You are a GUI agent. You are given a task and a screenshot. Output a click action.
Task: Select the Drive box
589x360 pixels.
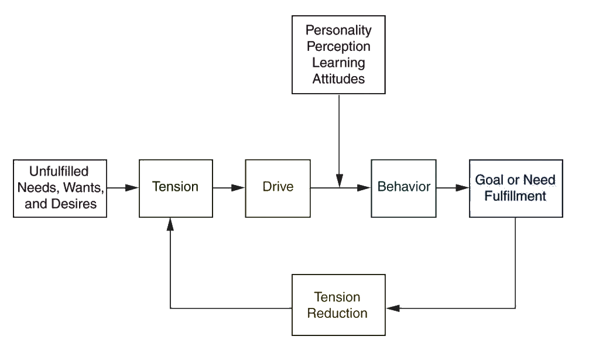[x=278, y=188]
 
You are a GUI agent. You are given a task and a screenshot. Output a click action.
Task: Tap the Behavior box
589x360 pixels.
[x=403, y=188]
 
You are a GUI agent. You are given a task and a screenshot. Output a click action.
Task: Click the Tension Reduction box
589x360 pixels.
[x=339, y=305]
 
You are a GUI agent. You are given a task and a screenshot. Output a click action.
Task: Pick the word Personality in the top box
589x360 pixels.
[x=339, y=30]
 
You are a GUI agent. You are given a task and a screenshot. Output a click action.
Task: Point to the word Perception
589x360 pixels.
[x=339, y=46]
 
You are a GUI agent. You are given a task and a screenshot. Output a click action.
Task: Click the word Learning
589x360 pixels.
[x=339, y=62]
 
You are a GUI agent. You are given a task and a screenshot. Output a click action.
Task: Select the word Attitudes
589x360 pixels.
[x=339, y=78]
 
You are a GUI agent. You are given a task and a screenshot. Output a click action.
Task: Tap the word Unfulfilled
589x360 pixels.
[x=59, y=172]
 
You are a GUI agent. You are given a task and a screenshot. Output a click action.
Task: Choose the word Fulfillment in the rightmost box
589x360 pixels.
[x=516, y=196]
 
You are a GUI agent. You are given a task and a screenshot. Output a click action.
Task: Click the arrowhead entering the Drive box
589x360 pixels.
[x=239, y=188]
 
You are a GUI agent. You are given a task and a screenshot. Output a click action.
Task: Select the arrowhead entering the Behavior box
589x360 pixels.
[x=365, y=188]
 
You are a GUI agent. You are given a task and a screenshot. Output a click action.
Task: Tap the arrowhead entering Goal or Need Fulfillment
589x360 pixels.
[x=464, y=188]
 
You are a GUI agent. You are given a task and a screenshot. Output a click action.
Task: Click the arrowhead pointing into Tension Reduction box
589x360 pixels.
[x=392, y=307]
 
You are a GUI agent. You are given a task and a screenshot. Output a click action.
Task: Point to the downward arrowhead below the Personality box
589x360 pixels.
[x=339, y=181]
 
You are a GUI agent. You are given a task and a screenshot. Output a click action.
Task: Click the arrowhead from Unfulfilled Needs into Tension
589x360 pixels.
[x=133, y=188]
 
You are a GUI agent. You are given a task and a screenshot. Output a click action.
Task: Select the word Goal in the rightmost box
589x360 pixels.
[x=487, y=180]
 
